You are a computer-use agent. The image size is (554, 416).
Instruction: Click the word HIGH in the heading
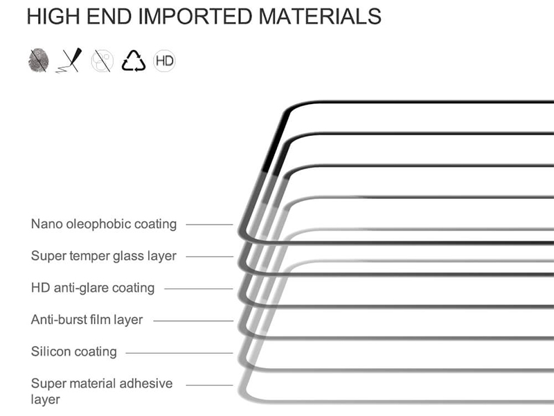pyautogui.click(x=53, y=16)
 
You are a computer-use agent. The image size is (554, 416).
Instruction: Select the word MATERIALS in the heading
pyautogui.click(x=320, y=16)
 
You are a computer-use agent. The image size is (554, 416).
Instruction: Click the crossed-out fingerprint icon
pyautogui.click(x=38, y=60)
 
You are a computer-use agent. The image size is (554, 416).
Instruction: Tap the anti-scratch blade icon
pyautogui.click(x=69, y=60)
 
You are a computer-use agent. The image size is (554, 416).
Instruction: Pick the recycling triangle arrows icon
pyautogui.click(x=133, y=61)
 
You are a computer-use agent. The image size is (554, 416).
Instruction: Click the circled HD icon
pyautogui.click(x=164, y=61)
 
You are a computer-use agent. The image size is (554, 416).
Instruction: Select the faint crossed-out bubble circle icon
pyautogui.click(x=102, y=61)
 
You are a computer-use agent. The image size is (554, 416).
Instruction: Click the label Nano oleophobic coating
pyautogui.click(x=104, y=224)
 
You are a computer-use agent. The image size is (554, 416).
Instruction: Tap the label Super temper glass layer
pyautogui.click(x=103, y=256)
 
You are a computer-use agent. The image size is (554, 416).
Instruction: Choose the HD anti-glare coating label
pyautogui.click(x=93, y=288)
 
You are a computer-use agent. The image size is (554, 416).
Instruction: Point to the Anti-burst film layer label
pyautogui.click(x=87, y=320)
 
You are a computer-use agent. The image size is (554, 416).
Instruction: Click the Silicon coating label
pyautogui.click(x=74, y=352)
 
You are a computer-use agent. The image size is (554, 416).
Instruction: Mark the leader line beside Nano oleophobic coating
pyautogui.click(x=210, y=225)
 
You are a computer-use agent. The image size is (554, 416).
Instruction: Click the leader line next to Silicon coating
pyautogui.click(x=179, y=353)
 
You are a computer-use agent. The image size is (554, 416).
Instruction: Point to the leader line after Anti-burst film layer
pyautogui.click(x=193, y=321)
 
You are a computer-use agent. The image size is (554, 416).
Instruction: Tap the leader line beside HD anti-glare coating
pyautogui.click(x=199, y=289)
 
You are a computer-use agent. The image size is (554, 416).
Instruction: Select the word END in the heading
pyautogui.click(x=109, y=16)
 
